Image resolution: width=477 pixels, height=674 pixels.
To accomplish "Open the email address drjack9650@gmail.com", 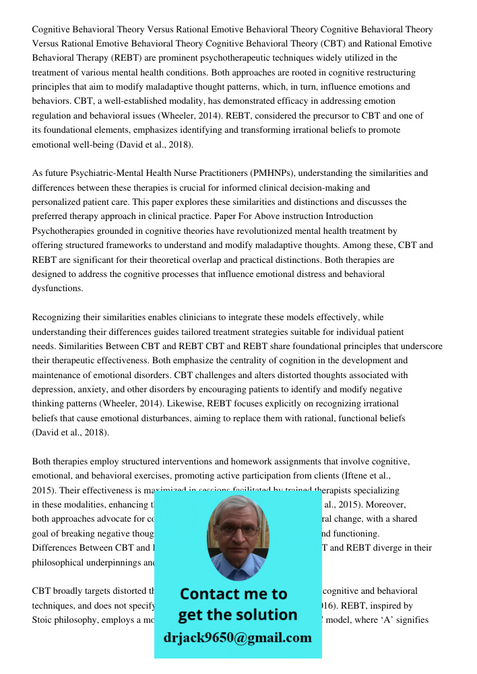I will (237, 638).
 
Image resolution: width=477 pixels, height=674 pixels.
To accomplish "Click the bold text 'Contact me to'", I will (233, 594).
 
